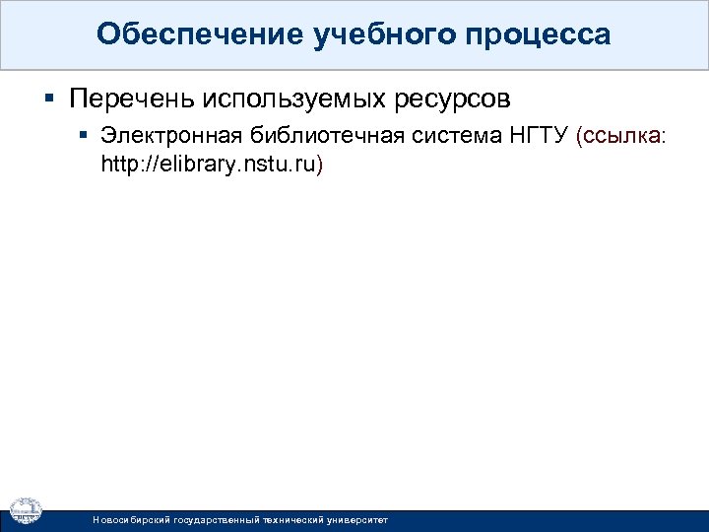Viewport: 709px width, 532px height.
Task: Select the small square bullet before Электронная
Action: pos(85,136)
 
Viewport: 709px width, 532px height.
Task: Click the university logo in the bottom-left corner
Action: pos(26,509)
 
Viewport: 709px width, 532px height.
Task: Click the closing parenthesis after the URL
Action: pos(319,164)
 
